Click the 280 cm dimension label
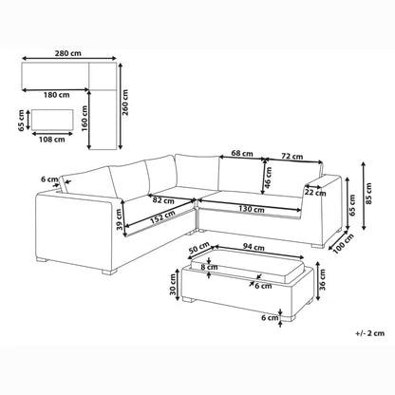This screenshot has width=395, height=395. pyautogui.click(x=68, y=53)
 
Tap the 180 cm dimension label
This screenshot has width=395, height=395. pyautogui.click(x=56, y=95)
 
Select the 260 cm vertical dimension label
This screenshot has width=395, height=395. pyautogui.click(x=125, y=103)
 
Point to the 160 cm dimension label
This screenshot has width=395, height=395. pyautogui.click(x=85, y=118)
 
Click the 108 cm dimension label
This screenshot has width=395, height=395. pyautogui.click(x=52, y=140)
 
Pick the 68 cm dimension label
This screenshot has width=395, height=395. pyautogui.click(x=242, y=153)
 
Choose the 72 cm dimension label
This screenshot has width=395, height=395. pyautogui.click(x=292, y=157)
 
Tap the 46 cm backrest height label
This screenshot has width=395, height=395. pyautogui.click(x=269, y=178)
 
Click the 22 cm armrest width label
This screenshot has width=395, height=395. pyautogui.click(x=315, y=193)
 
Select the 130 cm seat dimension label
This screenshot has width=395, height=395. pyautogui.click(x=252, y=209)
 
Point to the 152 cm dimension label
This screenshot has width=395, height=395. pyautogui.click(x=162, y=217)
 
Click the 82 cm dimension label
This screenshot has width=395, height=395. pyautogui.click(x=163, y=200)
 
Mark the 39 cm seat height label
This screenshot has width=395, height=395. pyautogui.click(x=119, y=219)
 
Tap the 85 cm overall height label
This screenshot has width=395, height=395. pyautogui.click(x=368, y=194)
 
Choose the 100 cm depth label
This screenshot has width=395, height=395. pyautogui.click(x=344, y=243)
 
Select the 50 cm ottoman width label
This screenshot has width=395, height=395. pyautogui.click(x=199, y=248)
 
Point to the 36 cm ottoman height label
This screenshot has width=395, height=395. pyautogui.click(x=323, y=279)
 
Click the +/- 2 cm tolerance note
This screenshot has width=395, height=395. pyautogui.click(x=369, y=333)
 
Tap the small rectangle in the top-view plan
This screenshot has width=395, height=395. pyautogui.click(x=52, y=120)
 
